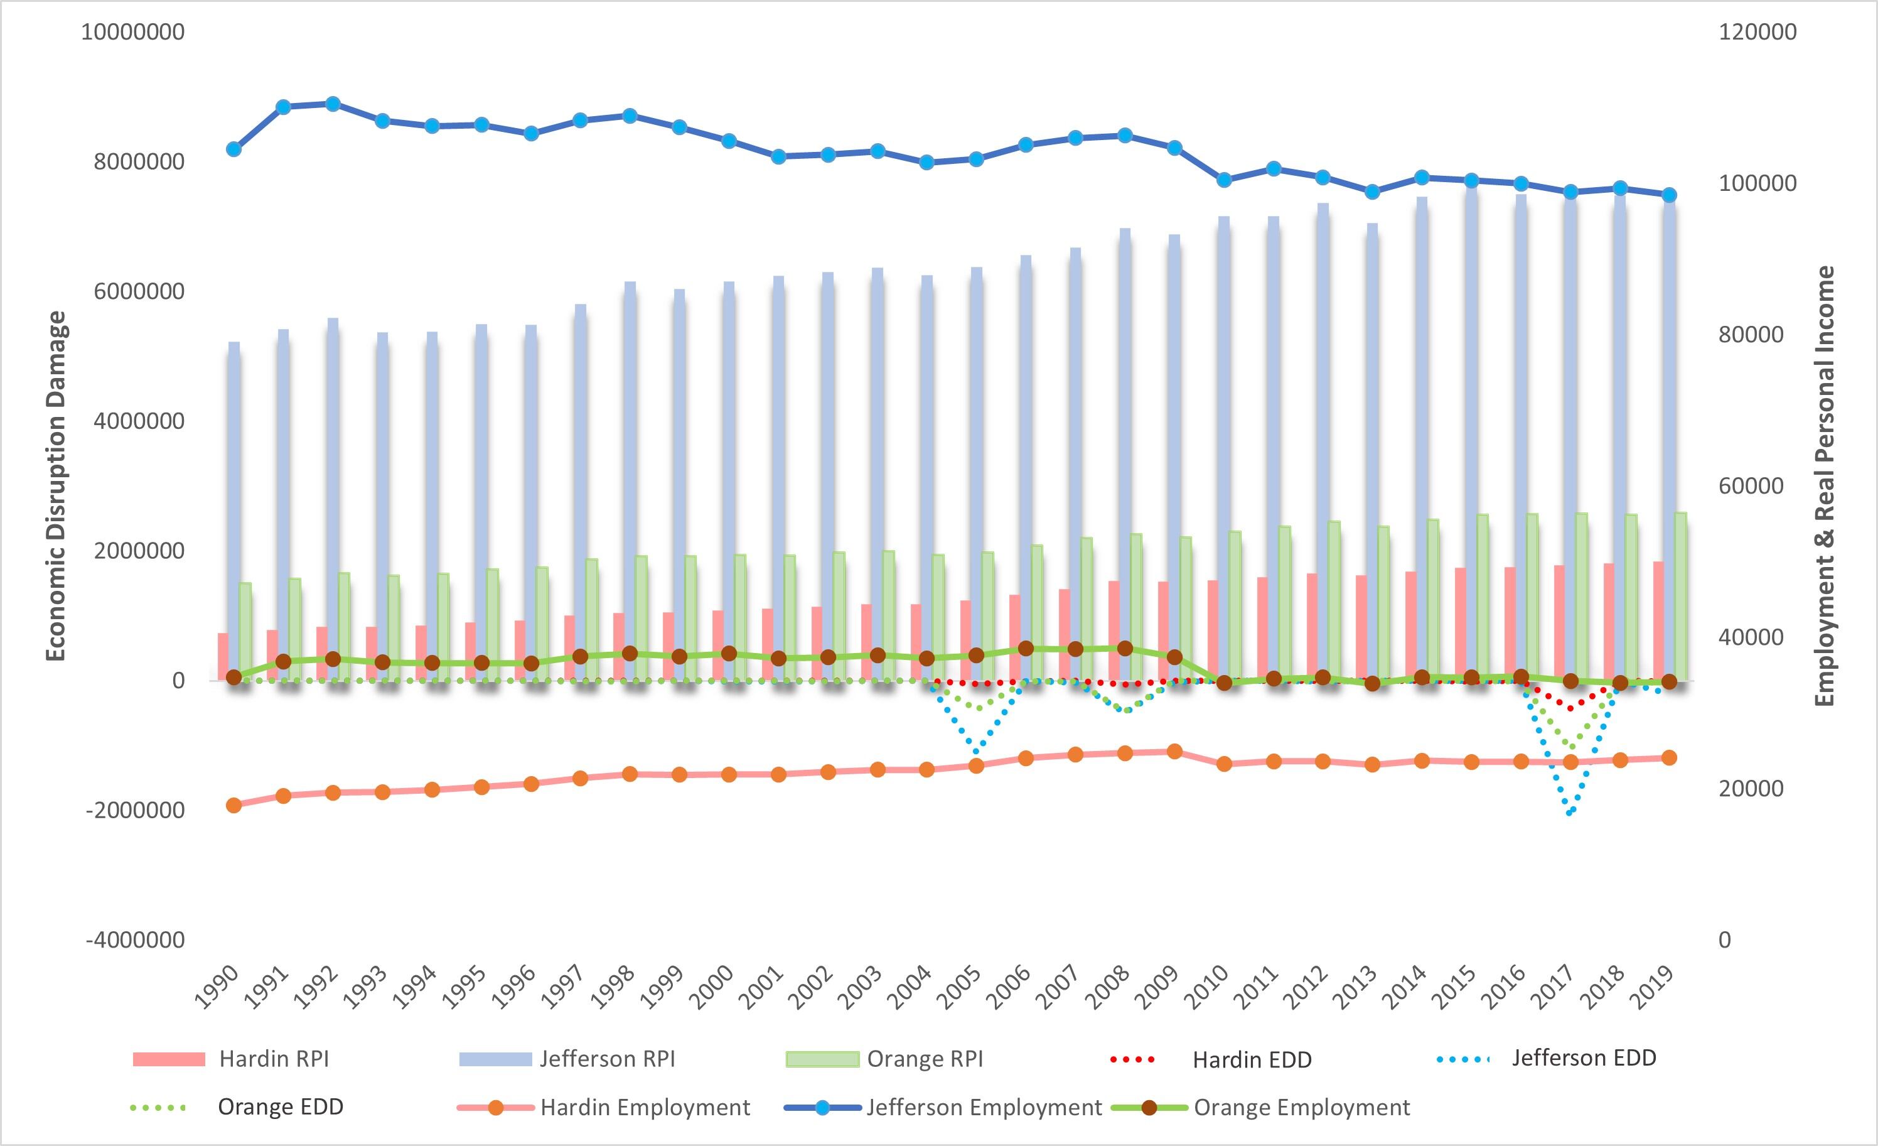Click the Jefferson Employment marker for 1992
333,104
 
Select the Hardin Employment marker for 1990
234,805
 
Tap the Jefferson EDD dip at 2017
1569,813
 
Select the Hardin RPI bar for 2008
1113,630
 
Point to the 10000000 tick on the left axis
133,32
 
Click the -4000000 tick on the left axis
135,940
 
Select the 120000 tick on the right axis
1757,32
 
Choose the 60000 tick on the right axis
1751,485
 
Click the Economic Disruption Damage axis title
57,485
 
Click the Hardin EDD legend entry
1251,1059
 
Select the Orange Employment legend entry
1301,1107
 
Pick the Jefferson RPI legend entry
607,1058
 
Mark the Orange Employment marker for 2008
1125,649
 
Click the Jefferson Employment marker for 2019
1669,195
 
